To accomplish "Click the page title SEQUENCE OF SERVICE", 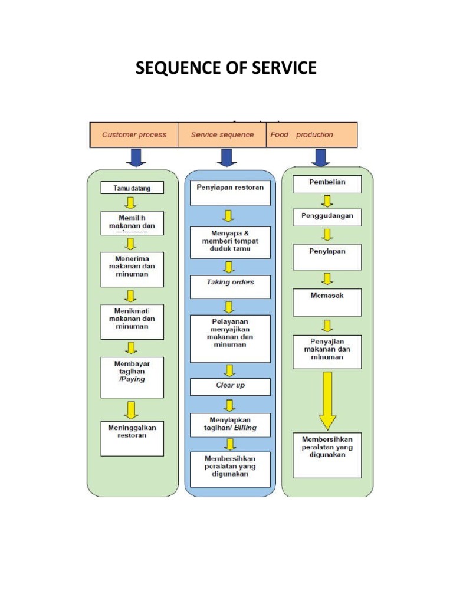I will (226, 69).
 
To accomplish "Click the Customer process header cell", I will (134, 134).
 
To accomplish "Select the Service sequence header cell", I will (222, 134).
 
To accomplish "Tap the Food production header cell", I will (312, 134).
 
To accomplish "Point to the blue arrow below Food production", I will (321, 157).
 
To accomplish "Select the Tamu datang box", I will (132, 188).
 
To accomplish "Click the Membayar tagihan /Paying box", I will (132, 377).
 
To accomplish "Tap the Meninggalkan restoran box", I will (132, 438).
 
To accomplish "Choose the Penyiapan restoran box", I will (230, 193).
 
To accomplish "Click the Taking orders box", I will (230, 287).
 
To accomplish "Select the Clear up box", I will (230, 386).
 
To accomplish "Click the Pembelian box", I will (327, 183).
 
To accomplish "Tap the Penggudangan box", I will (327, 218).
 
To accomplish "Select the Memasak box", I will (327, 302).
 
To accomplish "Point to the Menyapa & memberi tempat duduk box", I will (230, 242).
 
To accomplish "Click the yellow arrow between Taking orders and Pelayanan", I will (229, 307).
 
